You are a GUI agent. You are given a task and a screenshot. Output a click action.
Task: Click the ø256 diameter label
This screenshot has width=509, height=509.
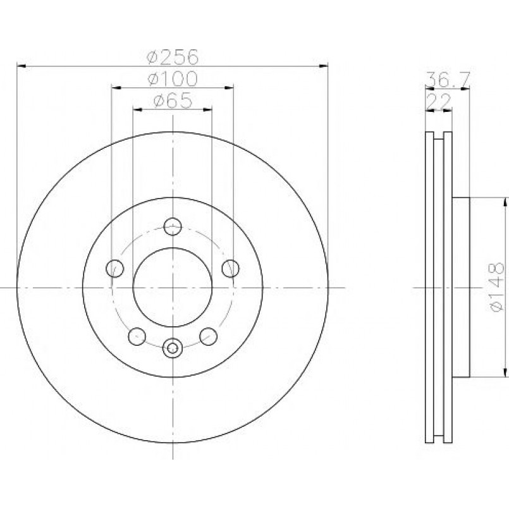tap(173, 57)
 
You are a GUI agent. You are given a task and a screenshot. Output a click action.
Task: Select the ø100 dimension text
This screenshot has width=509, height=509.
tap(173, 79)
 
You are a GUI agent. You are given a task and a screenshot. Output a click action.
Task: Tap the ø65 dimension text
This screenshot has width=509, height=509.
tap(173, 101)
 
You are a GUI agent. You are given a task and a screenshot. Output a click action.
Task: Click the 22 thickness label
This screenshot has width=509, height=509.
tap(439, 101)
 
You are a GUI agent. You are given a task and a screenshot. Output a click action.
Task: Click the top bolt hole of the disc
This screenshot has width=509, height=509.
tap(173, 226)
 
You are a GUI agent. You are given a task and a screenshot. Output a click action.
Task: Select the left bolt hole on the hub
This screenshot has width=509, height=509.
tap(115, 269)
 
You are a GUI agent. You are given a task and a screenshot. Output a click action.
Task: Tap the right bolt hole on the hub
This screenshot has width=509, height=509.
tap(231, 269)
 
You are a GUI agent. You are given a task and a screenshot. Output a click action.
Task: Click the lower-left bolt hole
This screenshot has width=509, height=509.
tap(137, 336)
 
